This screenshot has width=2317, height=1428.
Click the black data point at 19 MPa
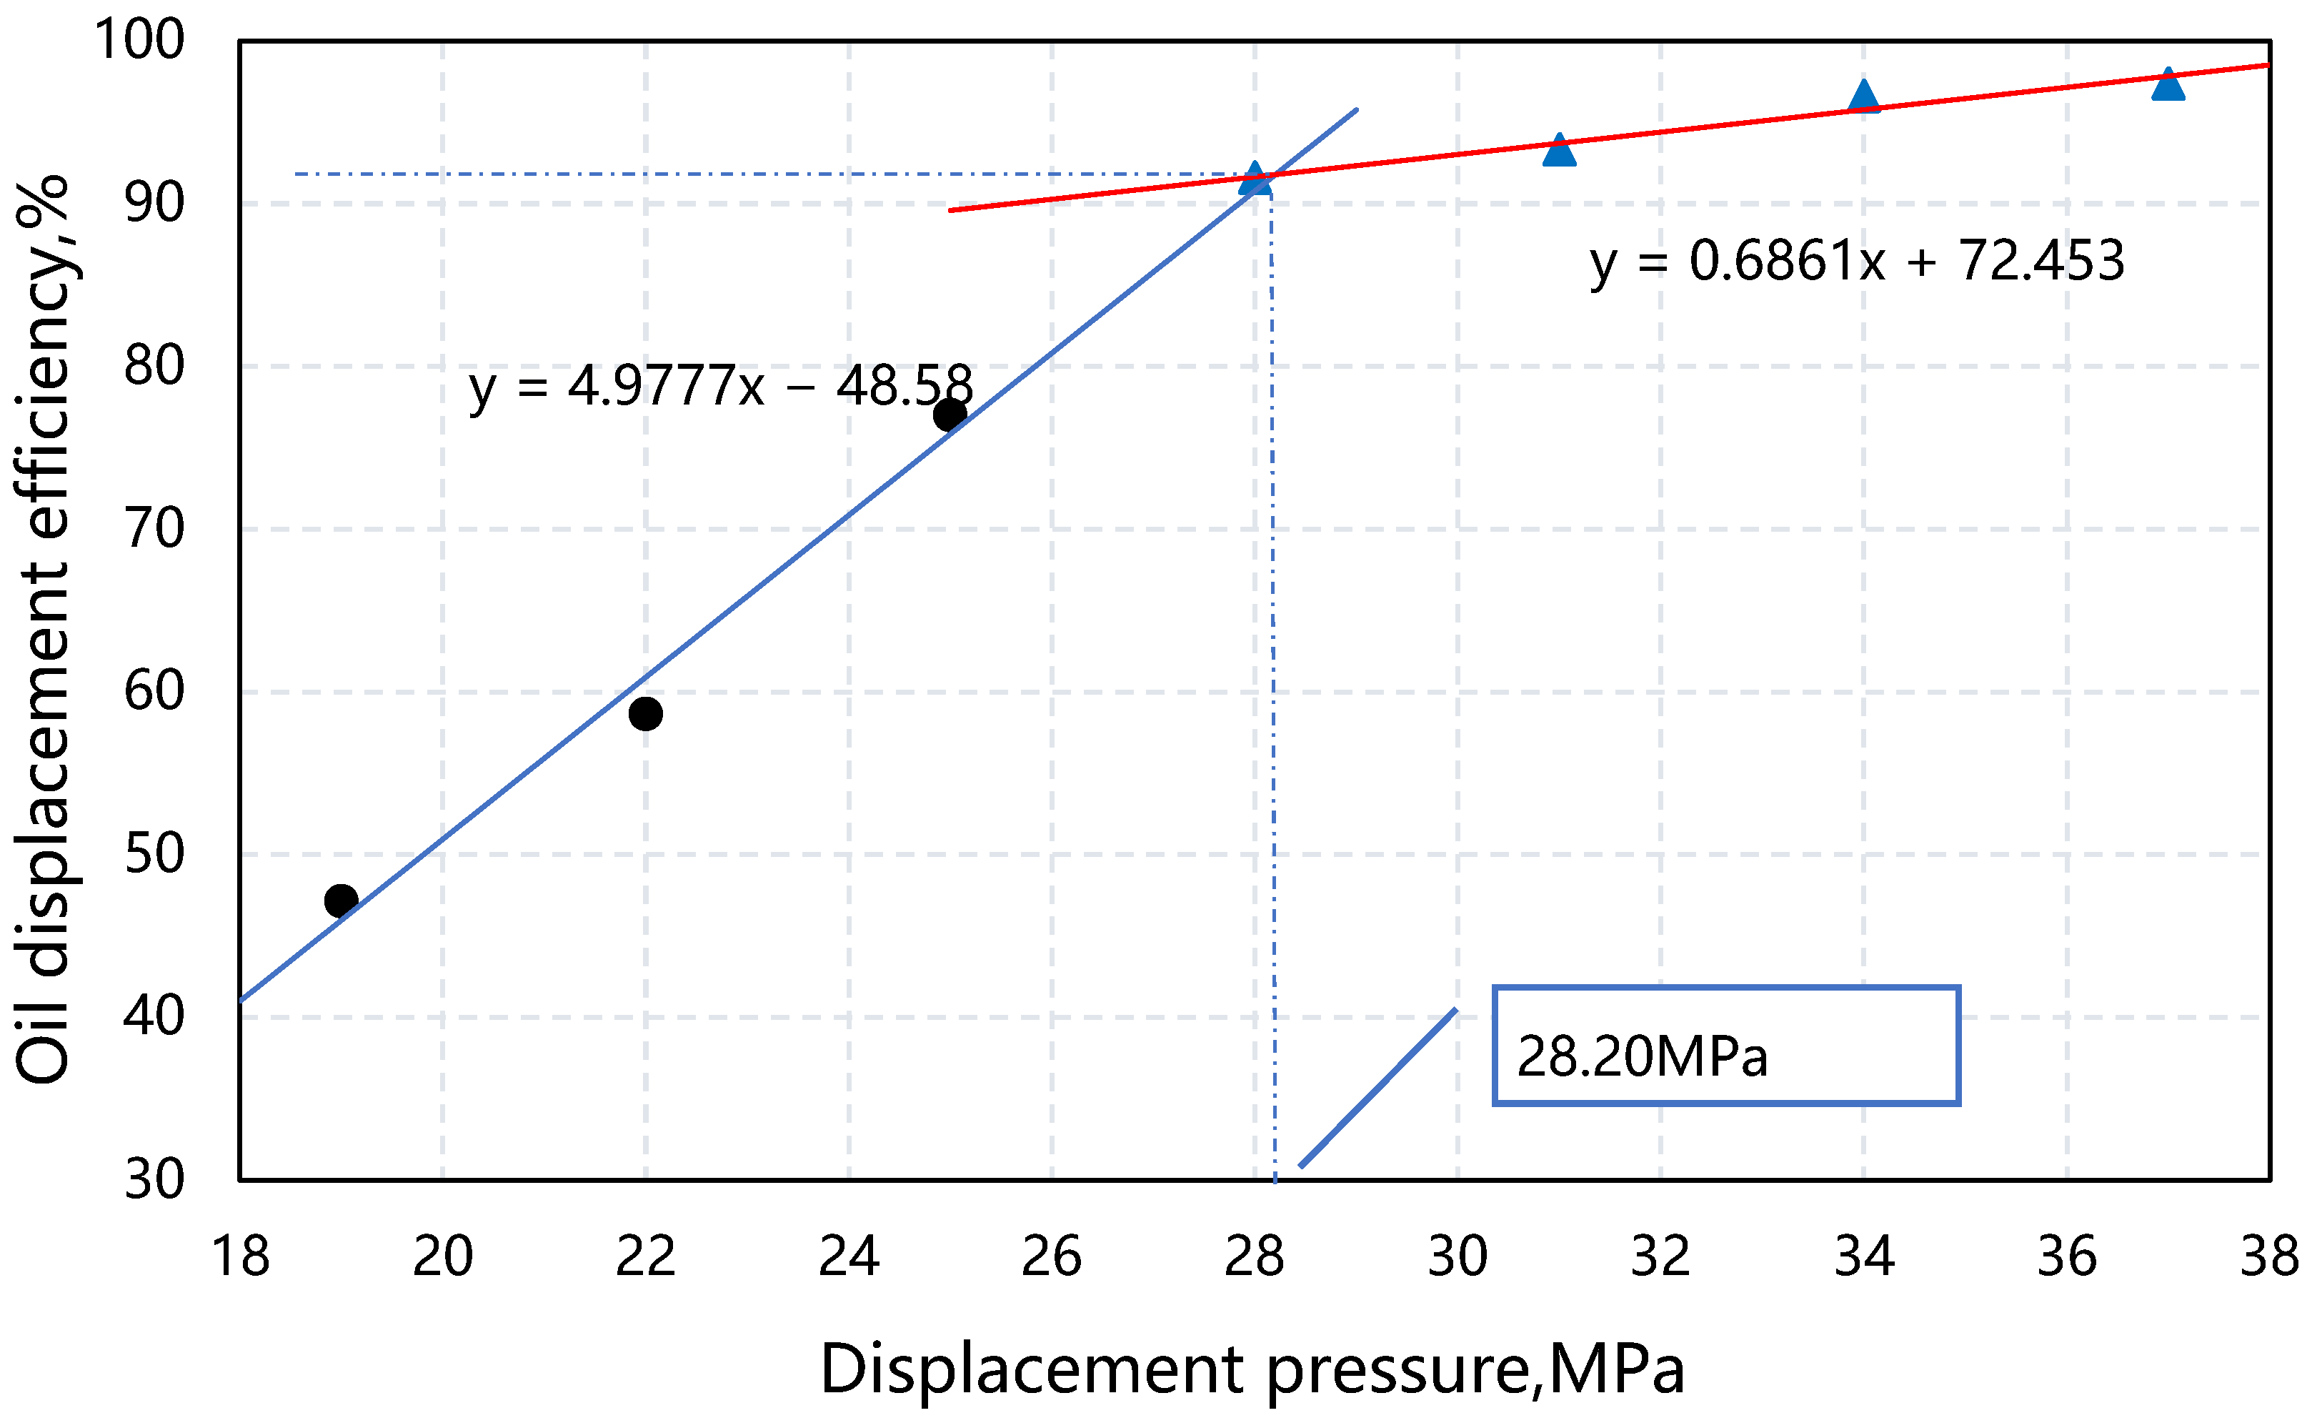coord(341,900)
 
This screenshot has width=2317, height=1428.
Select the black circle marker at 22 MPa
coord(646,713)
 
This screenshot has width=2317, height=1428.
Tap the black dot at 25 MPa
coord(950,414)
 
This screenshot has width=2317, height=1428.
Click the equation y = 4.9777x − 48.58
coord(720,386)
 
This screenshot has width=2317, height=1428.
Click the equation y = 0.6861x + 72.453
coord(1857,262)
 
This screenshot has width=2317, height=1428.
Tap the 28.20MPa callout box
coord(1726,1046)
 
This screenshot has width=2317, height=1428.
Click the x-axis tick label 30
coord(1457,1257)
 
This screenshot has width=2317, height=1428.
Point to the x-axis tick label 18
coord(240,1257)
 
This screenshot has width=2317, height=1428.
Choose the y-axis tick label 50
coord(154,854)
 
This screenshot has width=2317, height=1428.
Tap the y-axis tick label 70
coord(154,529)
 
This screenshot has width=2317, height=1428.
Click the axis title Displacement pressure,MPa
coord(1252,1369)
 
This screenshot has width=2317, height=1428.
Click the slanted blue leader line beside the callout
coord(1378,1088)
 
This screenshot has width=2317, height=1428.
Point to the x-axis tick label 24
coord(849,1257)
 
